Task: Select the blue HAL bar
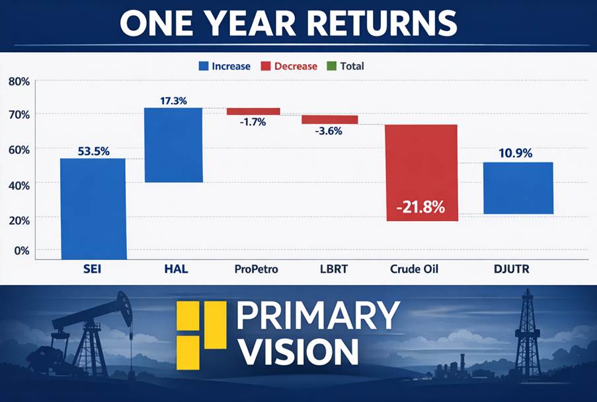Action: (173, 145)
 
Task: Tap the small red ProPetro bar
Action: (253, 111)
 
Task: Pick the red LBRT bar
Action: (330, 119)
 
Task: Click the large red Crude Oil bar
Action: (420, 172)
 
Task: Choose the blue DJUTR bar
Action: (518, 188)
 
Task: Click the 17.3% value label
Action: (173, 101)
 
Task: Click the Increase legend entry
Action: (225, 66)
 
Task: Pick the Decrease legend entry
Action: (289, 66)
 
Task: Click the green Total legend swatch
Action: (331, 66)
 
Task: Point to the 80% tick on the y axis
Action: (19, 81)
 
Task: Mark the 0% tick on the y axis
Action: (21, 251)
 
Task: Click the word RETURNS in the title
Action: (387, 23)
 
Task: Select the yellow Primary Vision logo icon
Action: (202, 335)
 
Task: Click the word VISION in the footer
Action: (298, 352)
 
